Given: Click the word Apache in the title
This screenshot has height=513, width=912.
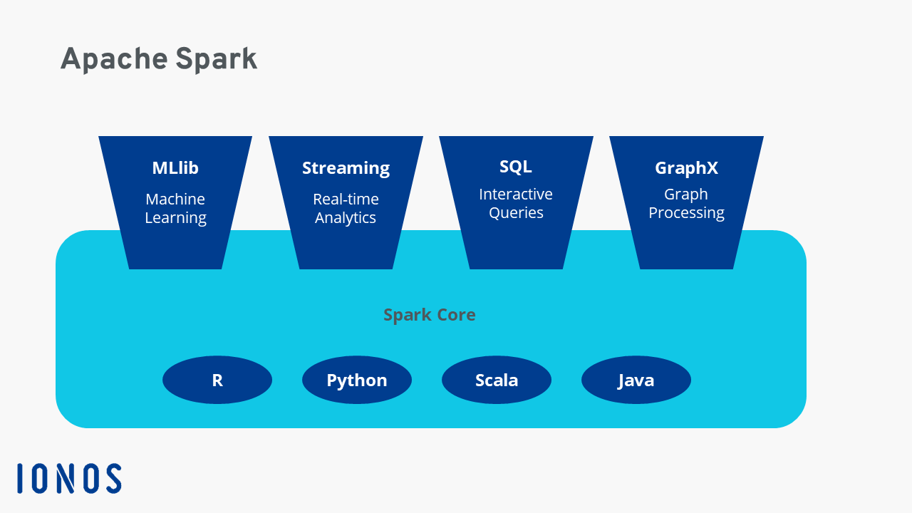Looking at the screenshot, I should point(114,59).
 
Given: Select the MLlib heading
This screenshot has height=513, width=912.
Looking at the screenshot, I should point(175,168).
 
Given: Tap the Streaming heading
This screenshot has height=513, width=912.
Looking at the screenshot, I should point(346,168).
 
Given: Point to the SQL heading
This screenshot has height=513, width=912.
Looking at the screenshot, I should point(516,167).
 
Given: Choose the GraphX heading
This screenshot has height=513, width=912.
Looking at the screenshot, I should point(686,168).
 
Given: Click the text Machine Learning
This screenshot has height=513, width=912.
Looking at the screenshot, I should point(175,208).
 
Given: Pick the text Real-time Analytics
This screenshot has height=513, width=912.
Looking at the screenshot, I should point(346,208).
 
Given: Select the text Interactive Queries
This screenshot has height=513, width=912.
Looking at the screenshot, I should point(516,203).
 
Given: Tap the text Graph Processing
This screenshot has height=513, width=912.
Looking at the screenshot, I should point(686,203).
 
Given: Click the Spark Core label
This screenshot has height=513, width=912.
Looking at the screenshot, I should point(429,315).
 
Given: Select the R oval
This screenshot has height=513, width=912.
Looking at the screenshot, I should point(217,380).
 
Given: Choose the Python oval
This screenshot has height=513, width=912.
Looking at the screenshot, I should point(357,380).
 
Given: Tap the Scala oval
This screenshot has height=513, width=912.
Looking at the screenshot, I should point(497,380).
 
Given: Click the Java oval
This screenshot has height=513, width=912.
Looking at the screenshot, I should point(636,380).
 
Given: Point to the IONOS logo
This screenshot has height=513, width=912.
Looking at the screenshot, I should point(69,478).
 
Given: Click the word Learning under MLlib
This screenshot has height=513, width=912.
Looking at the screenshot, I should point(175,218).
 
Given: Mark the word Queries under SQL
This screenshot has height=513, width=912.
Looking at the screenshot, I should point(516,213).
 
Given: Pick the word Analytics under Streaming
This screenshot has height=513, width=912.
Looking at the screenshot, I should point(346,218).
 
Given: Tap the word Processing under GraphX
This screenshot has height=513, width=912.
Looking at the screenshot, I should point(686,213).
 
